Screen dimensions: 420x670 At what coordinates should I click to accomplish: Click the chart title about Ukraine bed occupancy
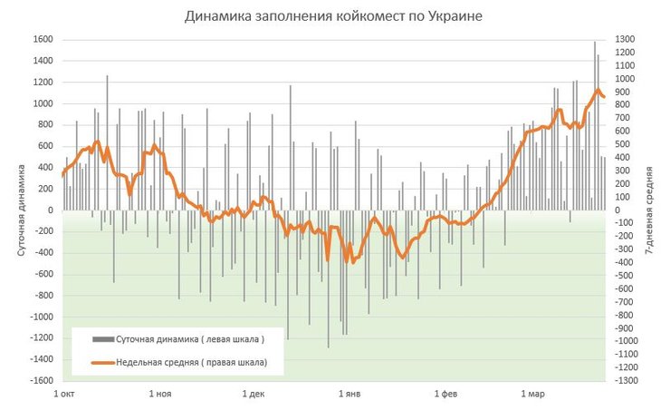[x=334, y=16]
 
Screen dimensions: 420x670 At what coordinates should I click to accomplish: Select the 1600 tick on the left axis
[x=42, y=39]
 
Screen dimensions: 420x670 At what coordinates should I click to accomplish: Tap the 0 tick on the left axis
[x=50, y=210]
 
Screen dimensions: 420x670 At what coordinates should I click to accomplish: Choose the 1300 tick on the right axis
[x=626, y=39]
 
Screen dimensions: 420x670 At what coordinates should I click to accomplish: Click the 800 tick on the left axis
[x=44, y=125]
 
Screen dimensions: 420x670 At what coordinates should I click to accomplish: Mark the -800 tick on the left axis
[x=42, y=296]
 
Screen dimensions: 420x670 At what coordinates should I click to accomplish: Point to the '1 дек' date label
[x=254, y=395]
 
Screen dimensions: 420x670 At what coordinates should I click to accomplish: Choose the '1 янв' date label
[x=350, y=395]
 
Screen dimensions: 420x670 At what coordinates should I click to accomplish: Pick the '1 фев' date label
[x=446, y=395]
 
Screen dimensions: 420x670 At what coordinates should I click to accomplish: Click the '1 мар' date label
[x=533, y=395]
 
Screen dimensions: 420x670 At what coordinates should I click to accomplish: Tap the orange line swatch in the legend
[x=103, y=363]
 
